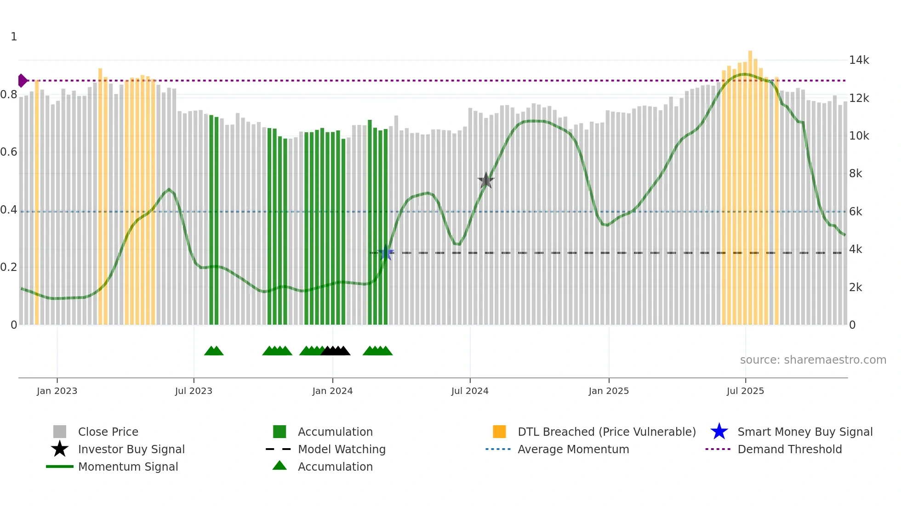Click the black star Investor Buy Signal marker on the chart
click(486, 180)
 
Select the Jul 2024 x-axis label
click(470, 391)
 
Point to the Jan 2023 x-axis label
click(57, 391)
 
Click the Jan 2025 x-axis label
click(609, 391)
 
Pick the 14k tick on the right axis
click(859, 60)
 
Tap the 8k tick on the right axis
click(855, 174)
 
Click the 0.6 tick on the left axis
click(9, 152)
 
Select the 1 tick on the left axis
click(14, 37)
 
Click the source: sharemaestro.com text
click(813, 360)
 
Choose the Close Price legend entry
click(108, 432)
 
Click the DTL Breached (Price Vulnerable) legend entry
click(606, 432)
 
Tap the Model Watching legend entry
click(342, 449)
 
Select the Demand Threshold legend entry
click(789, 449)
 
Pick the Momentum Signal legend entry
click(128, 467)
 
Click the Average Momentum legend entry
click(573, 449)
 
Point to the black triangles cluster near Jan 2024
click(336, 351)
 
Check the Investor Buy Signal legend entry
click(131, 449)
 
